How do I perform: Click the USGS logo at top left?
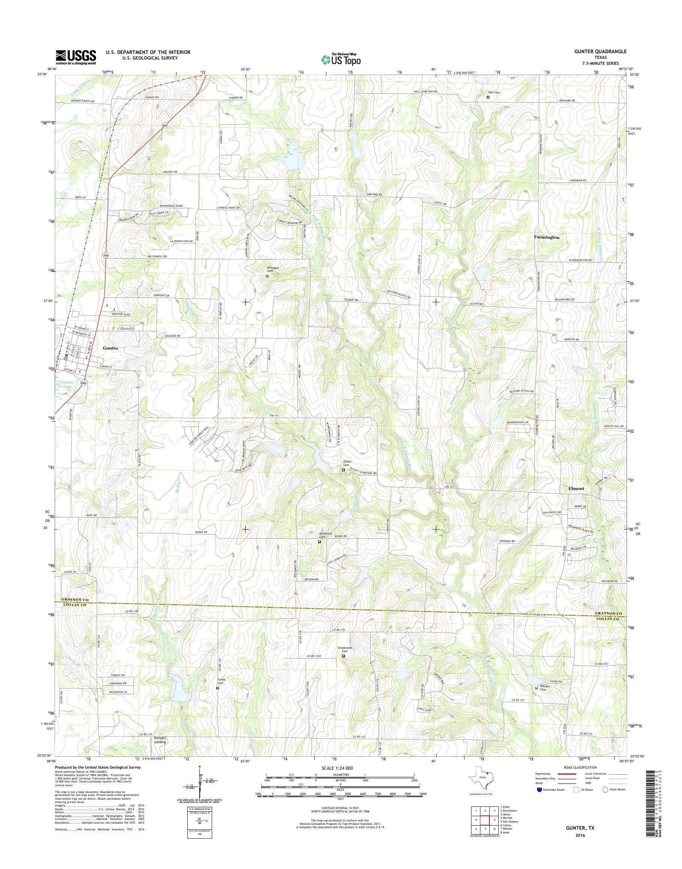pyautogui.click(x=76, y=57)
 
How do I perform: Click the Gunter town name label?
pyautogui.click(x=111, y=348)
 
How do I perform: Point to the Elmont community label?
pyautogui.click(x=576, y=488)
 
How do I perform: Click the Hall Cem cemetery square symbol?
pyautogui.click(x=488, y=97)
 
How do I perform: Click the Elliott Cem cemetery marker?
pyautogui.click(x=343, y=470)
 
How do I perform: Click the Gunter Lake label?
pyautogui.click(x=67, y=384)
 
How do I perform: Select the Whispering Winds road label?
pyautogui.click(x=171, y=206)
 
